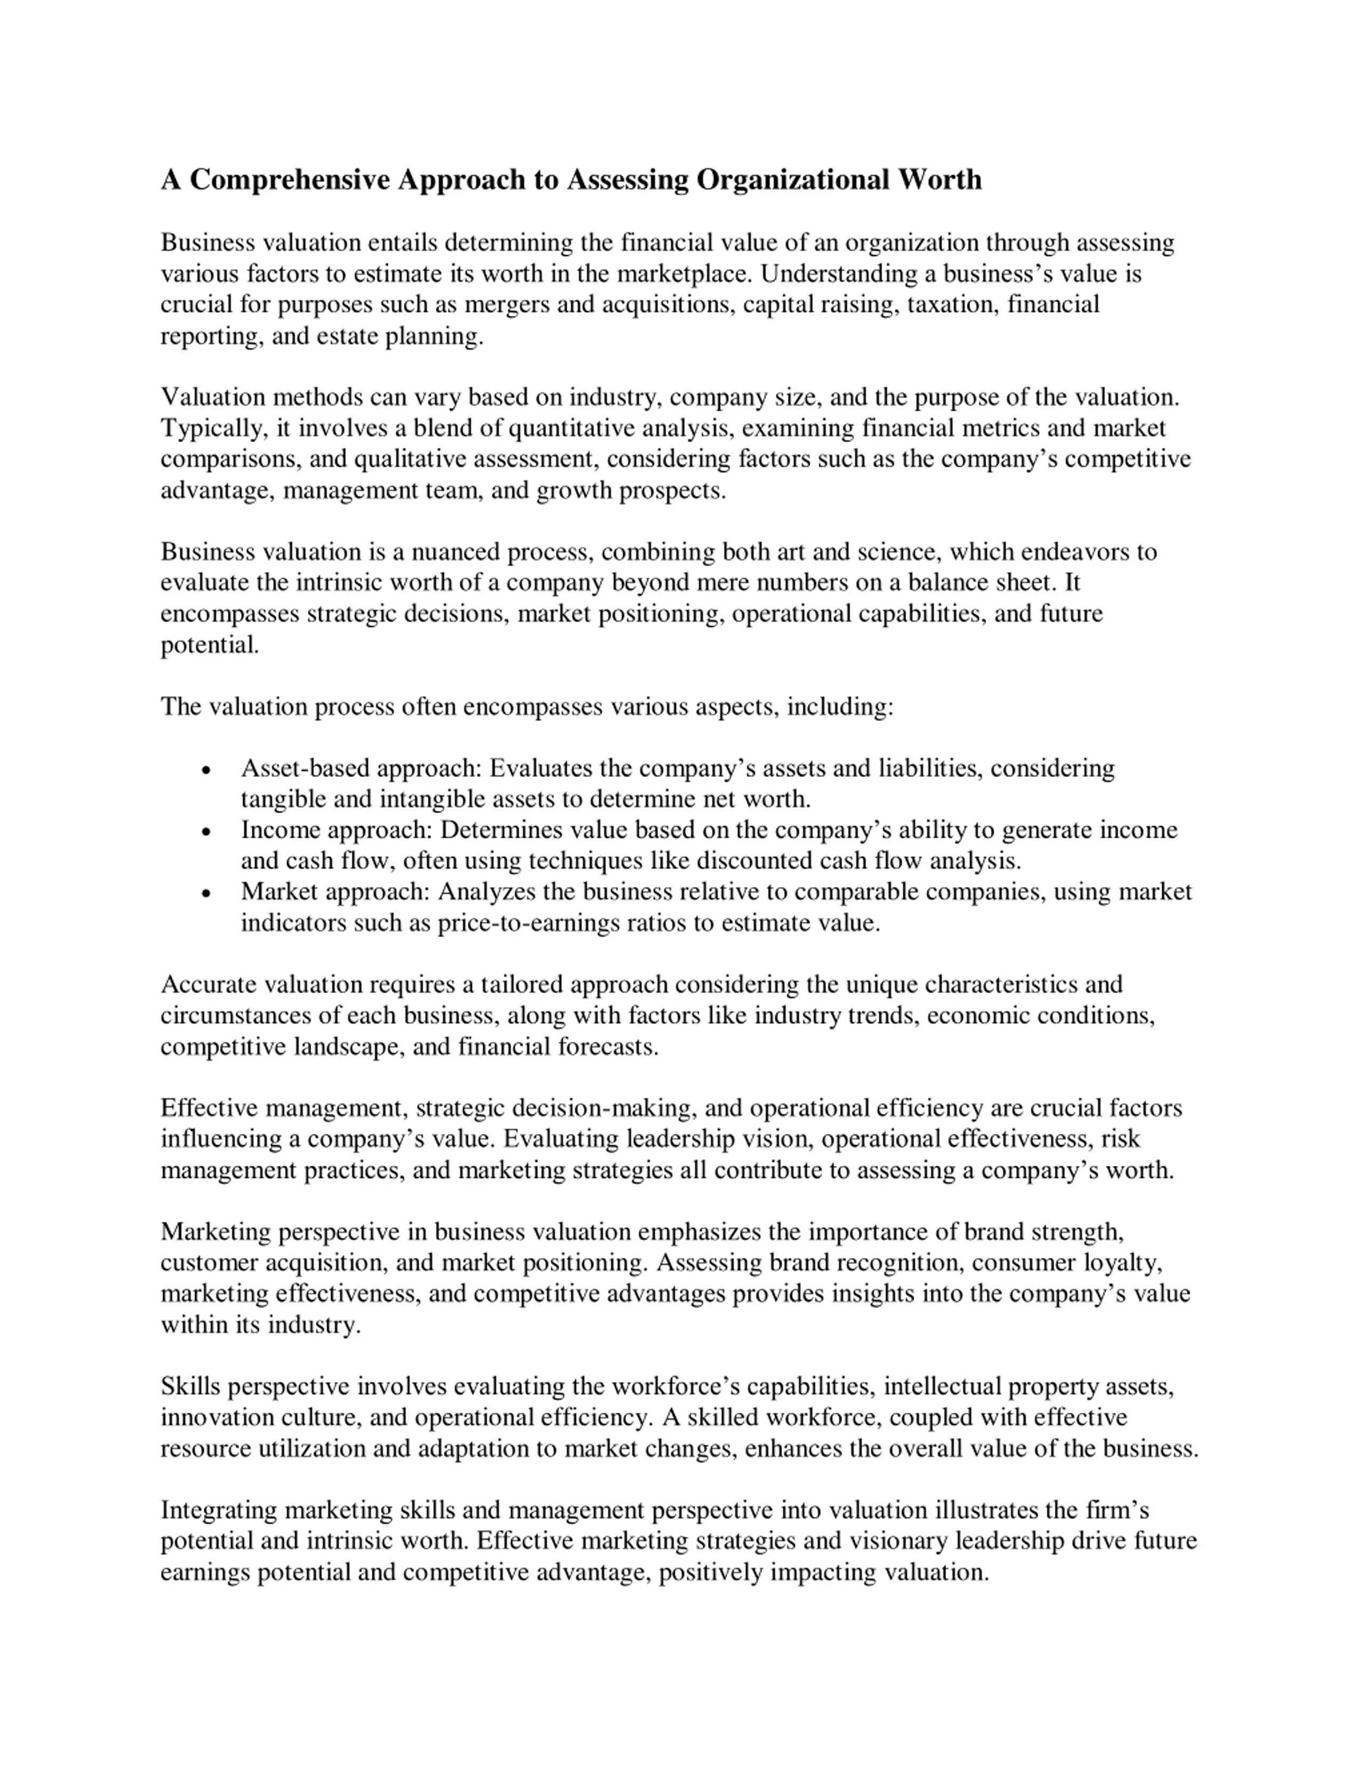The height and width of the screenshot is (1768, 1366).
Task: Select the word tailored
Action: pos(521,985)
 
